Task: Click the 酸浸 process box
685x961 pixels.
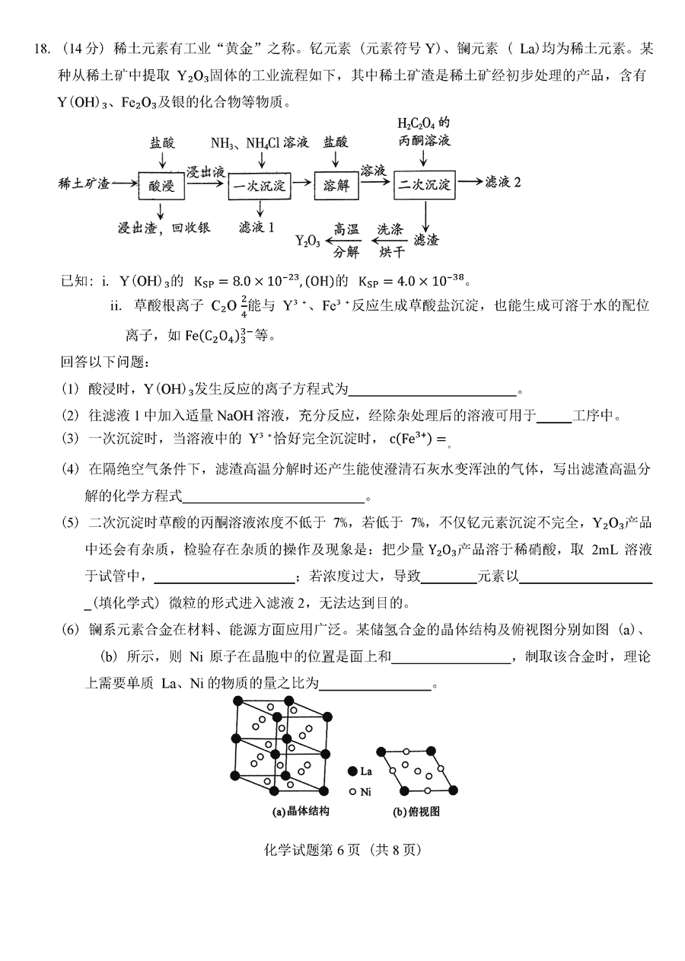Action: coord(161,184)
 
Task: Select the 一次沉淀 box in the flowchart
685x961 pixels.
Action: coord(260,184)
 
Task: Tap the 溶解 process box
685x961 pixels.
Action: coord(336,184)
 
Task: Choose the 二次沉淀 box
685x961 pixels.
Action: coord(424,184)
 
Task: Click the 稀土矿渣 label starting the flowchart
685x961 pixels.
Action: coord(84,184)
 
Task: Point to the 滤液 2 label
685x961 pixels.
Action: coord(507,183)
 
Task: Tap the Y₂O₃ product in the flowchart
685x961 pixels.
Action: coord(307,241)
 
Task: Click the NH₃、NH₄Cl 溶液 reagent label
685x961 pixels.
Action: coord(260,142)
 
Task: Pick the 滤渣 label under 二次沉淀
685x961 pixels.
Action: coord(425,240)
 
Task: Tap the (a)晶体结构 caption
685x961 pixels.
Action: coord(301,812)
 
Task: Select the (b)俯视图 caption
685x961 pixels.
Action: coord(416,812)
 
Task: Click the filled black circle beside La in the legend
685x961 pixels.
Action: coord(352,771)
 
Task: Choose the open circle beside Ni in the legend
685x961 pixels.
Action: coord(352,792)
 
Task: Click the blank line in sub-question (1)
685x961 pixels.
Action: coord(432,391)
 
